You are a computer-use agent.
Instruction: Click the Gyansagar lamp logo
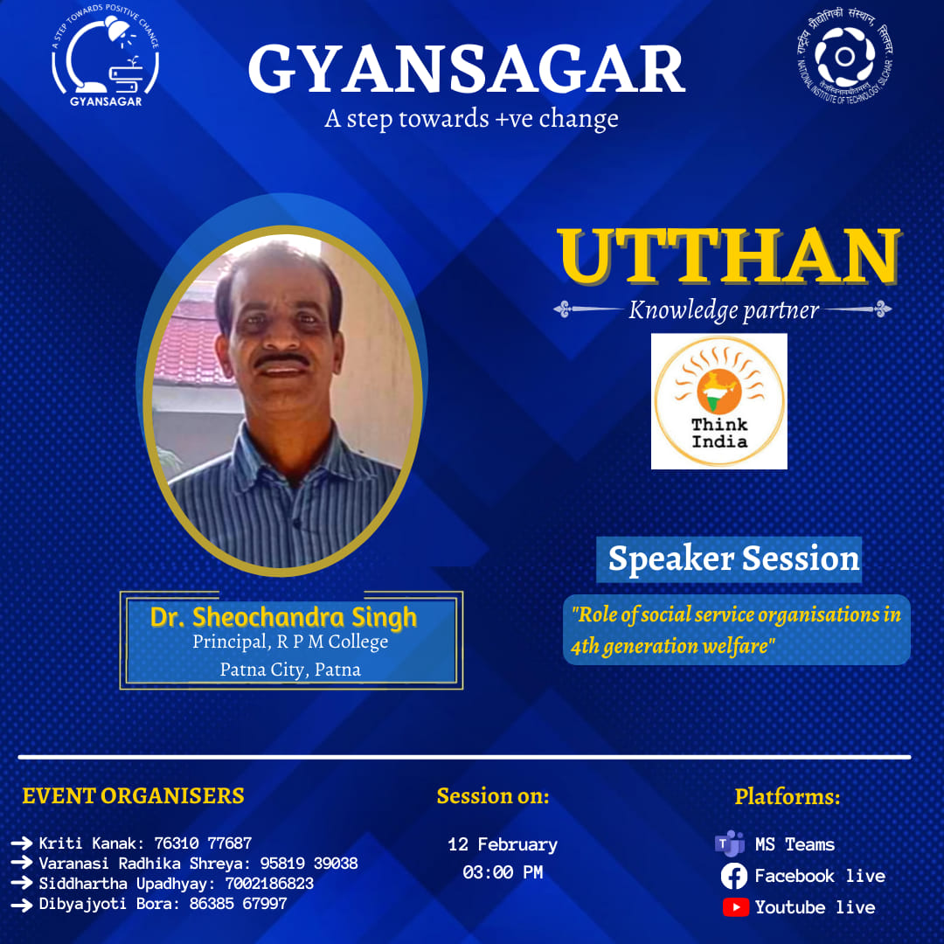tap(106, 55)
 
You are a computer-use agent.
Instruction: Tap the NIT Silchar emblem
tap(844, 56)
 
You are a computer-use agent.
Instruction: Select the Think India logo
tap(718, 401)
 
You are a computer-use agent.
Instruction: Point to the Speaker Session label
tap(733, 559)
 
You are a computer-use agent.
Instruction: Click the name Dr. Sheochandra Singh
tap(283, 617)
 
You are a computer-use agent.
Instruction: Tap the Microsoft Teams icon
tap(730, 843)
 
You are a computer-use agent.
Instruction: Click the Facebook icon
tap(734, 876)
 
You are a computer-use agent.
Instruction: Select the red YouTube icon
tap(735, 907)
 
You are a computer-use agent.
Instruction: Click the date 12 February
tap(503, 844)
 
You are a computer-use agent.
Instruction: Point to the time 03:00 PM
tap(503, 871)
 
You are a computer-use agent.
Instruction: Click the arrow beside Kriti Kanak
tap(22, 843)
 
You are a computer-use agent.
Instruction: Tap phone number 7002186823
tap(269, 883)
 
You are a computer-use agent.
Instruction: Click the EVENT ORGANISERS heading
tap(133, 795)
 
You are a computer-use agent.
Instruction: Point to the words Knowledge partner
tap(724, 310)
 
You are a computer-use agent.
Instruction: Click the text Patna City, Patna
tap(290, 670)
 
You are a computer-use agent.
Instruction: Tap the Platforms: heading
tap(787, 796)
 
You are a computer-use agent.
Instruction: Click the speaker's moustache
tap(282, 359)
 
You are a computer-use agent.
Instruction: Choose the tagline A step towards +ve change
tap(471, 119)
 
